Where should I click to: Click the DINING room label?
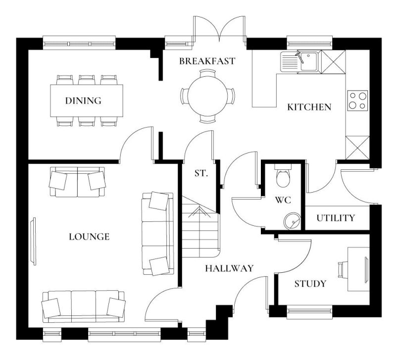83,101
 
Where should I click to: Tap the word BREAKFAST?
207,61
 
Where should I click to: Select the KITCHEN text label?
309,107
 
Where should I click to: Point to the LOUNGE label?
89,237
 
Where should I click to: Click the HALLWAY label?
229,268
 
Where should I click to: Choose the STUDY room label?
310,284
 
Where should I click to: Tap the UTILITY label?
336,218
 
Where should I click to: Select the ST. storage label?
200,174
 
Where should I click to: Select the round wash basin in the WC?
292,219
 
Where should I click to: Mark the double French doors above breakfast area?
219,30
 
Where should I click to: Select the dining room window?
80,43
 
